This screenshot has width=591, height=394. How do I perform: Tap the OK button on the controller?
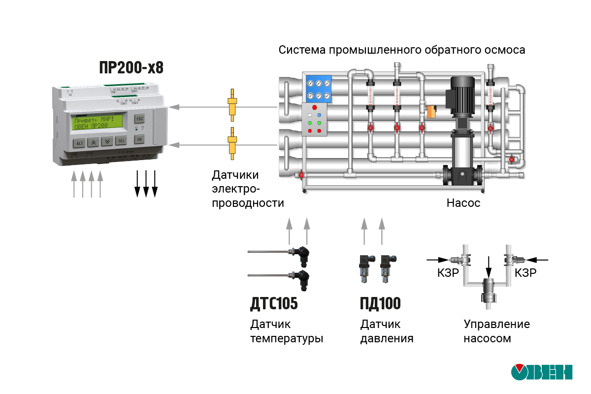click(139, 139)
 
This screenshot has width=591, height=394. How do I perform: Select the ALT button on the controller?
click(79, 143)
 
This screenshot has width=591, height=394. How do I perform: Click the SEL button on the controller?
click(121, 141)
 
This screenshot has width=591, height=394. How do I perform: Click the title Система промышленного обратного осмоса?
click(401, 50)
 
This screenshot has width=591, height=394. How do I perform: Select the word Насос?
click(463, 202)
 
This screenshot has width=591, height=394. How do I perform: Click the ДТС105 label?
click(274, 304)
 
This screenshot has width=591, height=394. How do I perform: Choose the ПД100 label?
click(380, 304)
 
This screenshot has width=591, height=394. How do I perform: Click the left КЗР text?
click(448, 273)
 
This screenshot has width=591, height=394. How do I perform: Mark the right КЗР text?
click(525, 273)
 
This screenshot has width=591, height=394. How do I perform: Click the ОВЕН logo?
click(541, 373)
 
